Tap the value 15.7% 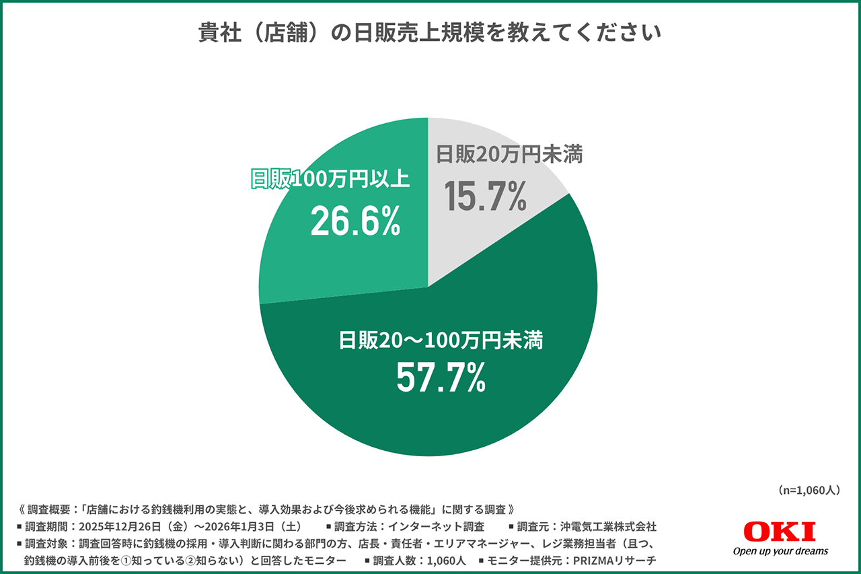(486, 196)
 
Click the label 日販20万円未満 (509, 154)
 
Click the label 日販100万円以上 (330, 180)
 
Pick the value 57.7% (441, 380)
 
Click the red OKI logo (780, 532)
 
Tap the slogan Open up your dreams (780, 552)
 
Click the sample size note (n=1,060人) (807, 490)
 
